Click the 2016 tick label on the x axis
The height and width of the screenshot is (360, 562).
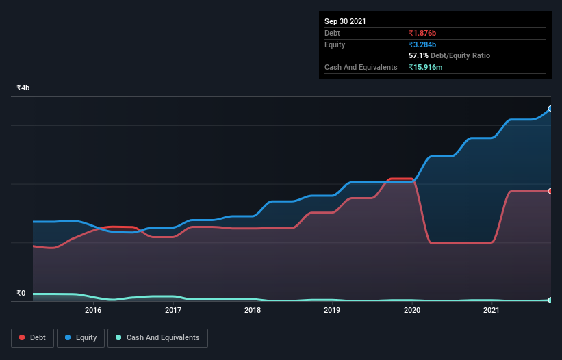pyautogui.click(x=93, y=310)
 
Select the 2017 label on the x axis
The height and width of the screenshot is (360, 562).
pyautogui.click(x=173, y=310)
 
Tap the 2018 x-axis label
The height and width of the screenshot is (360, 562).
pyautogui.click(x=253, y=310)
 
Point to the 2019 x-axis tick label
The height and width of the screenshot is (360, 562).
pyautogui.click(x=332, y=310)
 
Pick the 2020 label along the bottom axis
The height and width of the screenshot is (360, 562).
pyautogui.click(x=412, y=310)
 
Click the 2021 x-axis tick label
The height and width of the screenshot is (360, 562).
pyautogui.click(x=491, y=310)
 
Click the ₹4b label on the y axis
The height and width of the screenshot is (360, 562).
pyautogui.click(x=23, y=88)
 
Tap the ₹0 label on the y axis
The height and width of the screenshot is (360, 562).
pyautogui.click(x=21, y=294)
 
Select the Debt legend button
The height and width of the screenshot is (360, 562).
pyautogui.click(x=32, y=337)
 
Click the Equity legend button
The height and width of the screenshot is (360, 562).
pyautogui.click(x=81, y=337)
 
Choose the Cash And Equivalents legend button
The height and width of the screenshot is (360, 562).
pyautogui.click(x=157, y=337)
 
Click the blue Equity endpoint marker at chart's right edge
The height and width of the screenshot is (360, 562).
pyautogui.click(x=550, y=109)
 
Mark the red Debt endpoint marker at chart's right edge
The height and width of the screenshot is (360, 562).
pyautogui.click(x=550, y=191)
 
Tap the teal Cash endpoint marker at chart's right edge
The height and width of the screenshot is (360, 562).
pyautogui.click(x=550, y=300)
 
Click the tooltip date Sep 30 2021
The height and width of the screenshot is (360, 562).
pyautogui.click(x=345, y=21)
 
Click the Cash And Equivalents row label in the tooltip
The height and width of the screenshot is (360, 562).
pyautogui.click(x=361, y=67)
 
